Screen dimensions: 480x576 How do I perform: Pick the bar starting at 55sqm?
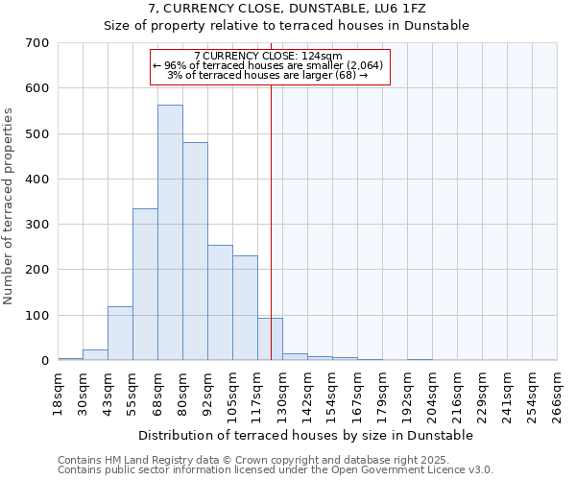pyautogui.click(x=145, y=284)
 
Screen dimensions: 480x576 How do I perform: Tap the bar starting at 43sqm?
pyautogui.click(x=120, y=333)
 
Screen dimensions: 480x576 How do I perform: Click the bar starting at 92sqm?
pyautogui.click(x=220, y=302)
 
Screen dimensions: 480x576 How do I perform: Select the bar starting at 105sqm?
pyautogui.click(x=245, y=307)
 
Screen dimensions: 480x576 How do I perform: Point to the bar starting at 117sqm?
pyautogui.click(x=270, y=339)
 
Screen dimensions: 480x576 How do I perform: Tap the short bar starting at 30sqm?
pyautogui.click(x=95, y=354)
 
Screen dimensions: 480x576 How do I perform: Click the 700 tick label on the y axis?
pyautogui.click(x=37, y=43)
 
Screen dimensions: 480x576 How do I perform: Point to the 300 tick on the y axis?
pyautogui.click(x=37, y=225)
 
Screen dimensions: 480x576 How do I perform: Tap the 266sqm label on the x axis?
pyautogui.click(x=557, y=395)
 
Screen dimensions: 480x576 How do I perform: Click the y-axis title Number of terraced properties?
pyautogui.click(x=9, y=206)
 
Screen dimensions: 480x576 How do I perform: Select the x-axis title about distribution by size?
pyautogui.click(x=306, y=435)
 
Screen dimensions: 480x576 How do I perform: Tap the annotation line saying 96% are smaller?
pyautogui.click(x=268, y=65)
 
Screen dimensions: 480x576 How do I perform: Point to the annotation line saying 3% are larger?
pyautogui.click(x=268, y=74)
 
